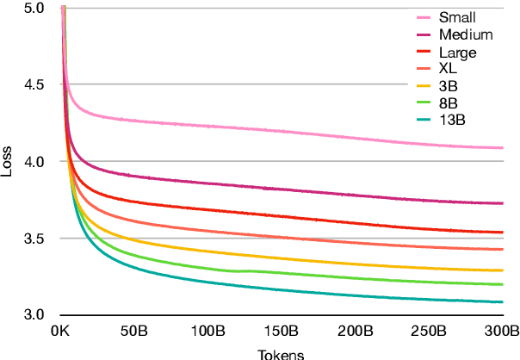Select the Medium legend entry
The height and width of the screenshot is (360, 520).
465,34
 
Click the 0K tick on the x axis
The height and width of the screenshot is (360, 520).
61,331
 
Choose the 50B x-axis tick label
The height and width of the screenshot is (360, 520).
134,331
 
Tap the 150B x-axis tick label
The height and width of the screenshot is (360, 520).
282,331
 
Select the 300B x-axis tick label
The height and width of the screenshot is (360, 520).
502,331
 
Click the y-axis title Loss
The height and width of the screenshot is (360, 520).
8,161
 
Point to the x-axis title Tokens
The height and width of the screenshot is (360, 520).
281,353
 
